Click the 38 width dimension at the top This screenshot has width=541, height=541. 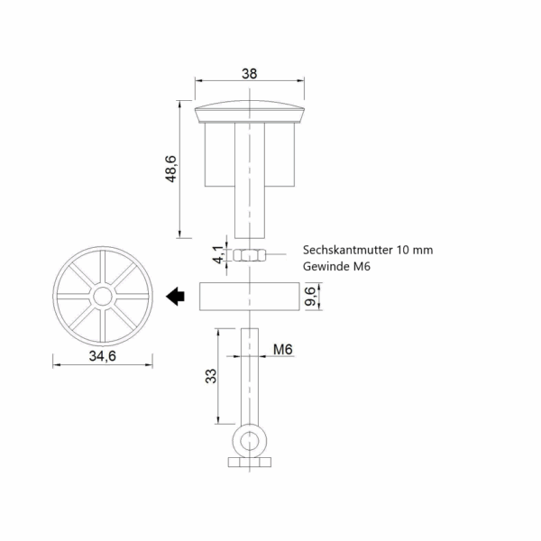pos(249,74)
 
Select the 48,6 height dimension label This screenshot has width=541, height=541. pos(171,169)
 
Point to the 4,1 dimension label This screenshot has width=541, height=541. pos(218,254)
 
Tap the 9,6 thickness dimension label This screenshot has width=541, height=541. pos(310,296)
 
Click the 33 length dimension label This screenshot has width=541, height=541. pos(211,376)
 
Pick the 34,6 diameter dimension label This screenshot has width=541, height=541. pos(103,356)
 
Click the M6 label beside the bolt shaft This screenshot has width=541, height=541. pos(283,350)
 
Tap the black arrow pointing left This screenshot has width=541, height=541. pos(175,296)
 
